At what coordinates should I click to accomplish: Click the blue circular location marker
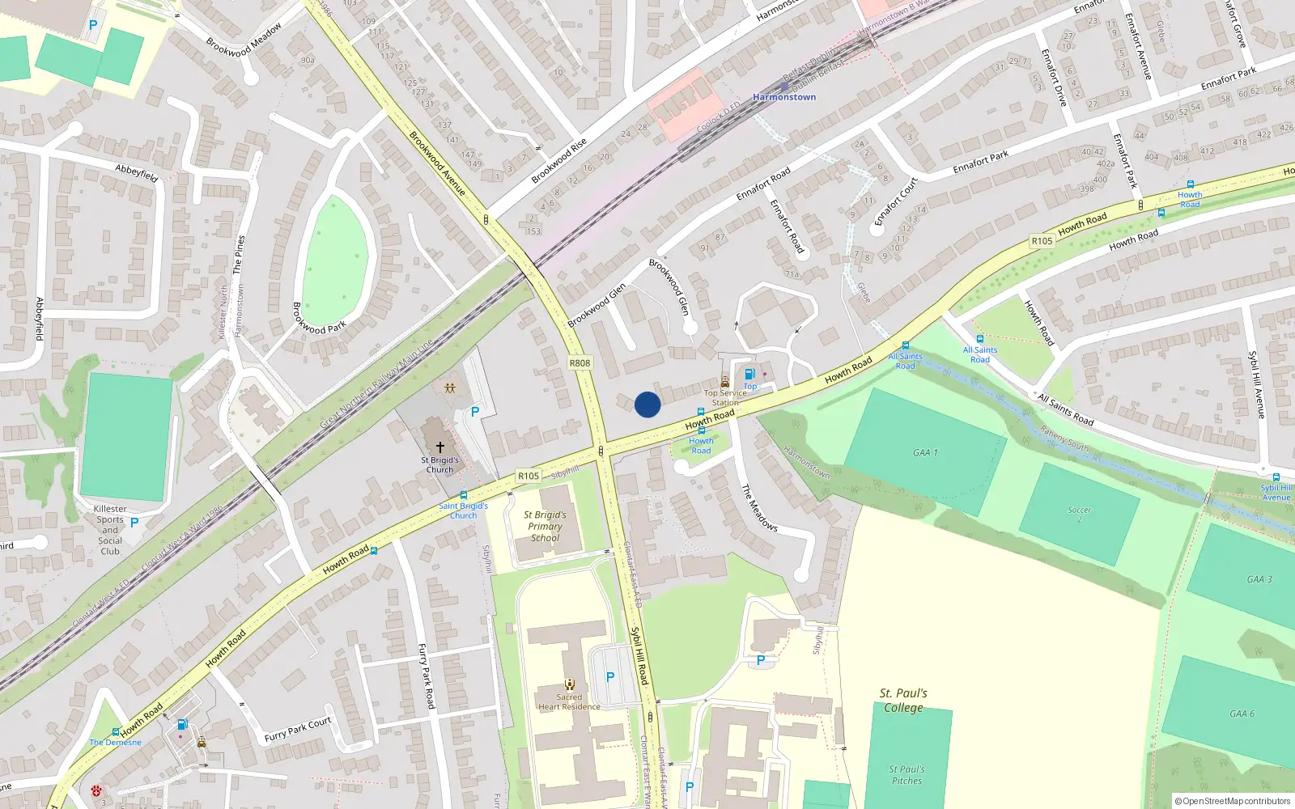[647, 404]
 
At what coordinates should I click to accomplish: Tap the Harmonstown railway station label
[784, 97]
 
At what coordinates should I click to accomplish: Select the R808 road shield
[580, 363]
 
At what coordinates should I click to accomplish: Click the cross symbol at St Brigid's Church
[440, 447]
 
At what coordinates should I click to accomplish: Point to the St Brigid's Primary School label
[545, 526]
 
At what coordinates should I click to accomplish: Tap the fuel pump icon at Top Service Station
[749, 374]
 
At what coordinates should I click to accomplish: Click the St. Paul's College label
[903, 701]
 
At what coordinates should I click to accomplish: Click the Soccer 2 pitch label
[1079, 515]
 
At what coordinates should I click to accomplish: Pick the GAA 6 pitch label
[1242, 714]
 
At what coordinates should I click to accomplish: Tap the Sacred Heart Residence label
[569, 702]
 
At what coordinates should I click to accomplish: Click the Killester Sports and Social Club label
[110, 530]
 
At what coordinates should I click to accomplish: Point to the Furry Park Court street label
[298, 730]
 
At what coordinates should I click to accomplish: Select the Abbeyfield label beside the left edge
[40, 319]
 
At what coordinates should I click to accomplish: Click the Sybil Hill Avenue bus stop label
[1276, 493]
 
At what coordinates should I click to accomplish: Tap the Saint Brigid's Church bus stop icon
[464, 495]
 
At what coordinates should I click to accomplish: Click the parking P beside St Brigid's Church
[475, 412]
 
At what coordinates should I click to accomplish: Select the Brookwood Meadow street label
[244, 40]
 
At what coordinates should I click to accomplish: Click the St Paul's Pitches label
[906, 775]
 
